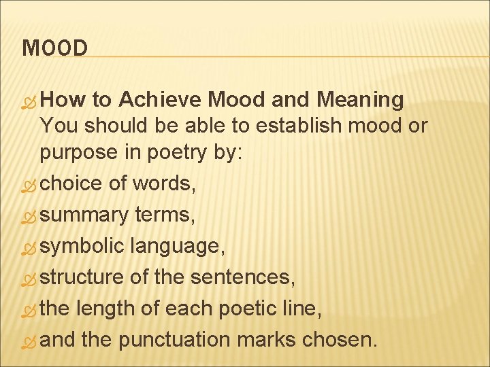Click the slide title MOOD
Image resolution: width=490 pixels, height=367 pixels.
[x=55, y=49]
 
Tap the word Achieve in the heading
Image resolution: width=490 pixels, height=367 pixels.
[x=160, y=101]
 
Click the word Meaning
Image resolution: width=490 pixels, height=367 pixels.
[x=360, y=101]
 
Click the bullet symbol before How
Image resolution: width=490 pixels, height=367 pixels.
[x=29, y=102]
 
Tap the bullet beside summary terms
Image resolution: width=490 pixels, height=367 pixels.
[x=29, y=217]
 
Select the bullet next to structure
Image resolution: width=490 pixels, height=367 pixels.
[x=29, y=279]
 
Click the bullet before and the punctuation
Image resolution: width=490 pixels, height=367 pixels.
[x=29, y=341]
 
